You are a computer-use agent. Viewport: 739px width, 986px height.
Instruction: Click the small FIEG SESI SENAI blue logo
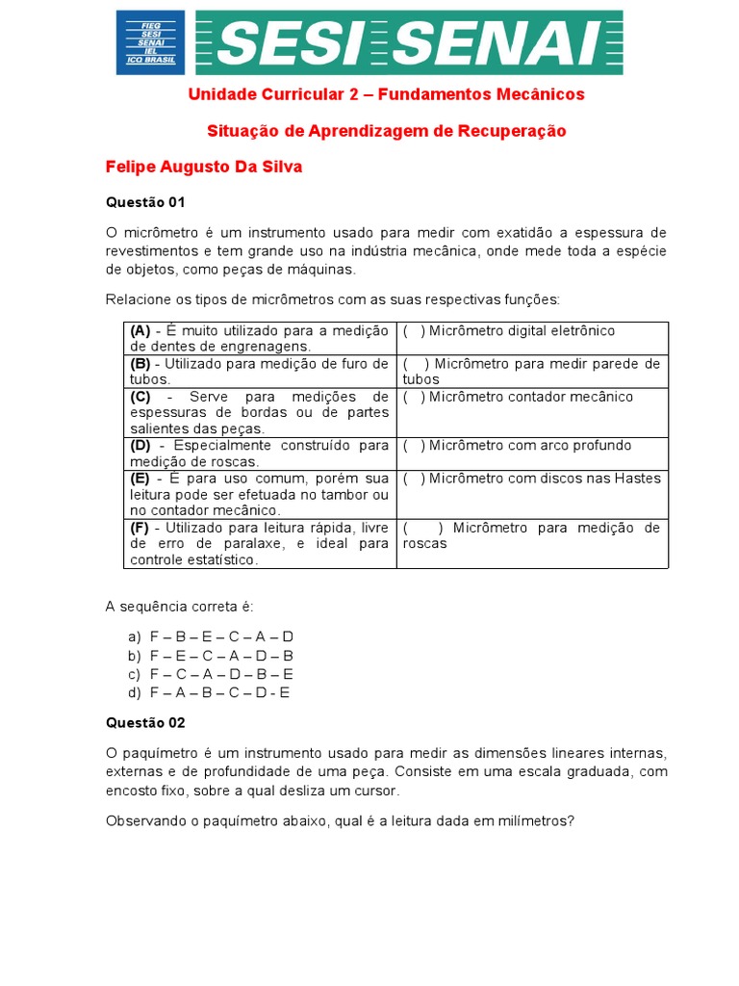pyautogui.click(x=150, y=41)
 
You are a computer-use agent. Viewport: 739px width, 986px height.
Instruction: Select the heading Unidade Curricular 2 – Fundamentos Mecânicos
pyautogui.click(x=386, y=94)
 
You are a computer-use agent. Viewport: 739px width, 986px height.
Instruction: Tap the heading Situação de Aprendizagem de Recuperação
pyautogui.click(x=387, y=130)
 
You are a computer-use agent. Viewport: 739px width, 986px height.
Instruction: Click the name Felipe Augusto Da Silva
pyautogui.click(x=204, y=167)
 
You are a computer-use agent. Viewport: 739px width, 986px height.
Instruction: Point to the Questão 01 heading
pyautogui.click(x=144, y=202)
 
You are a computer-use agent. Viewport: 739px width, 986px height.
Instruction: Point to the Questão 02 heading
pyautogui.click(x=144, y=722)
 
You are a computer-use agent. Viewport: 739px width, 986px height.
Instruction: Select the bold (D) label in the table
pyautogui.click(x=141, y=446)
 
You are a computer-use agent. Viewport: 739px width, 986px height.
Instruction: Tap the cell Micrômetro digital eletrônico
pyautogui.click(x=522, y=331)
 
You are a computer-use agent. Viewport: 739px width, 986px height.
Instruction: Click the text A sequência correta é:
pyautogui.click(x=179, y=607)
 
